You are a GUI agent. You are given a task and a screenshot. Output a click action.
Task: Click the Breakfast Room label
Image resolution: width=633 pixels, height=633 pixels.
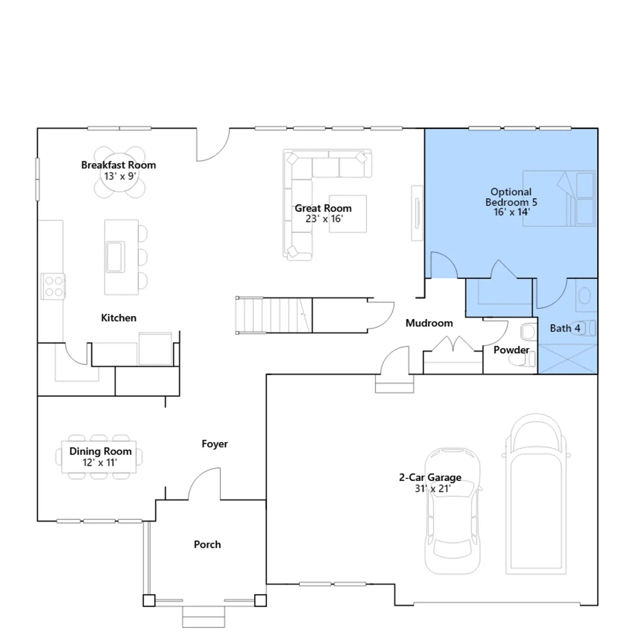(x=118, y=165)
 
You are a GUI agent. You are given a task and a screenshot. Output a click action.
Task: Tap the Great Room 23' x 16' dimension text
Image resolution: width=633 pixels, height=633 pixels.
(x=324, y=219)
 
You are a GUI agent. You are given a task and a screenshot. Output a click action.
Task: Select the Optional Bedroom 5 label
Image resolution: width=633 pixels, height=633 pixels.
(x=511, y=197)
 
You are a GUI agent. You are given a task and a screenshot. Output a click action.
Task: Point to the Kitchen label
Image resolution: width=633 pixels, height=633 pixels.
(x=119, y=318)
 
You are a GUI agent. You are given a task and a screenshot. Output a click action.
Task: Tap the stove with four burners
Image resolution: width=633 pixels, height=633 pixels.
(x=53, y=286)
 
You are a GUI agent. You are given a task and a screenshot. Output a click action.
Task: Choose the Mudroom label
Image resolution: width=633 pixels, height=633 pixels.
(x=429, y=323)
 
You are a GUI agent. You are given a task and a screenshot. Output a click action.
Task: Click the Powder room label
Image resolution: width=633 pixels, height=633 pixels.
(x=511, y=350)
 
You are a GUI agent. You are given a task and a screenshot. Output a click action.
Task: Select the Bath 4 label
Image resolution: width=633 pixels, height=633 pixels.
(x=565, y=328)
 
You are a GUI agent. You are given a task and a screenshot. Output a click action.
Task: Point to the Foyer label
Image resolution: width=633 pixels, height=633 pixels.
(x=215, y=444)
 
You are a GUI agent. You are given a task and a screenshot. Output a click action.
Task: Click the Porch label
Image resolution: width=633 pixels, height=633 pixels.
(x=207, y=544)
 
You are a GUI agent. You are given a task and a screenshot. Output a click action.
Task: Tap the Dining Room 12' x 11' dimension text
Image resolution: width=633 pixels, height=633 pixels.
(x=100, y=462)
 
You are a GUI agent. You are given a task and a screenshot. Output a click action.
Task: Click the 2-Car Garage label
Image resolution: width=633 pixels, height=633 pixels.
(x=430, y=478)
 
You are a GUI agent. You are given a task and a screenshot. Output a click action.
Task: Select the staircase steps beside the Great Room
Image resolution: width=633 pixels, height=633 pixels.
(x=274, y=315)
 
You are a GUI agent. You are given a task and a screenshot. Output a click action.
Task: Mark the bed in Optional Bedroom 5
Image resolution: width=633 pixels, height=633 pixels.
(x=559, y=199)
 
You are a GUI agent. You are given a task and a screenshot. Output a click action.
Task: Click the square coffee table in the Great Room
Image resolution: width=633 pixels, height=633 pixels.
(x=348, y=214)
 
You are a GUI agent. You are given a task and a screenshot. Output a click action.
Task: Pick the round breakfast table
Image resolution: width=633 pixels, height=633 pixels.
(x=119, y=172)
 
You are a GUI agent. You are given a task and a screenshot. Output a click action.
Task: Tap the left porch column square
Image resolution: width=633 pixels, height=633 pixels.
(x=149, y=601)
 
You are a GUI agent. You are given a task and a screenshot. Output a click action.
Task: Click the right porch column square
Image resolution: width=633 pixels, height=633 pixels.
(x=260, y=601)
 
